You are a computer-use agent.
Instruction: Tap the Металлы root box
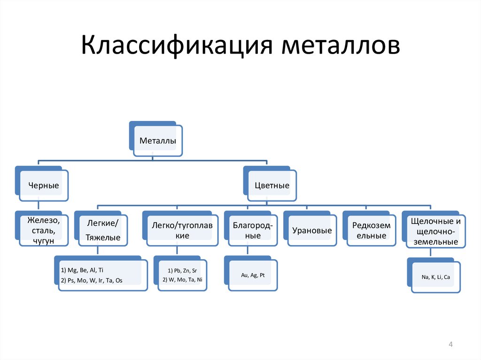coord(158,141)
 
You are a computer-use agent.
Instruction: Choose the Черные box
coord(44,185)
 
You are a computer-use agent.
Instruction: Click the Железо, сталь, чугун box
coord(44,230)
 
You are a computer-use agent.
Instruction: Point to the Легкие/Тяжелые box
coord(103,230)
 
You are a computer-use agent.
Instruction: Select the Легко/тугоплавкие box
coord(182,230)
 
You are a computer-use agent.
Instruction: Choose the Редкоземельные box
coord(371,230)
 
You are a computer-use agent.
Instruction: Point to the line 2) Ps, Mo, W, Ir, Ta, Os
coord(92,280)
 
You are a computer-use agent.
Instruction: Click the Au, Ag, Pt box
coord(253,276)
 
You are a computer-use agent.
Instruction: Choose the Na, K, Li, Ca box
coord(435,277)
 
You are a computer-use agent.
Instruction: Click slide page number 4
coord(450,345)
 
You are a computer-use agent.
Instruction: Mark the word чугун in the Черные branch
coord(44,240)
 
